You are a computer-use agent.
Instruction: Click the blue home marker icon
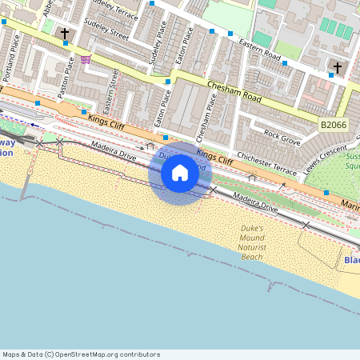click(180, 173)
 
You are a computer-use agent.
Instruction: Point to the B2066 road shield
click(334, 125)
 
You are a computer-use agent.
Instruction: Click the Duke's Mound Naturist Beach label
click(251, 242)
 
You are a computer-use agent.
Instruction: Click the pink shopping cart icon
click(86, 59)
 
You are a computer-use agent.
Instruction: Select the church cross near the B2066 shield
click(337, 67)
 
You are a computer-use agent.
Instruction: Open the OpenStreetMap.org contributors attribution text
click(80, 354)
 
